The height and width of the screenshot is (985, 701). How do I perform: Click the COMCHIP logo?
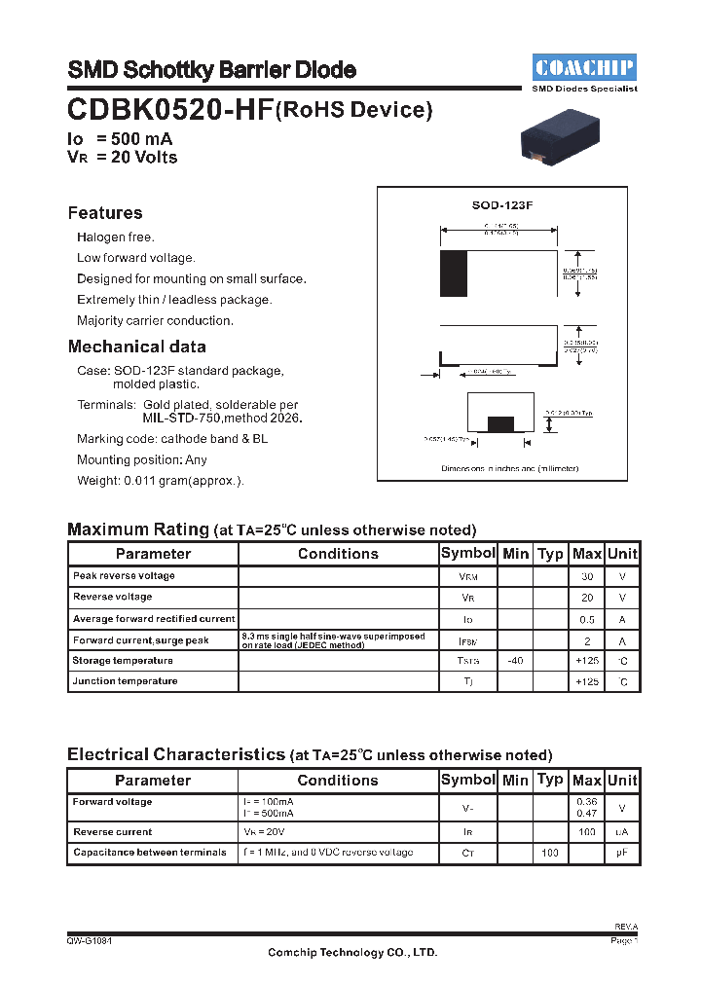(x=584, y=68)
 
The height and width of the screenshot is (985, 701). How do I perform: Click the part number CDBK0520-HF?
(x=170, y=109)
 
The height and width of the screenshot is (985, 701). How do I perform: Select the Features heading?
(x=105, y=213)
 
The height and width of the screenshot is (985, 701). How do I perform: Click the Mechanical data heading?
(x=136, y=347)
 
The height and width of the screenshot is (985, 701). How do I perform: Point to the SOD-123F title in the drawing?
(x=502, y=205)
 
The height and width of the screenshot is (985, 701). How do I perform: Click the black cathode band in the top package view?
(x=454, y=274)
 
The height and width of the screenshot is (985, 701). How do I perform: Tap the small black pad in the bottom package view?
(x=500, y=423)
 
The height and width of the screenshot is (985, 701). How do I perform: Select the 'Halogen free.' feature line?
(x=116, y=237)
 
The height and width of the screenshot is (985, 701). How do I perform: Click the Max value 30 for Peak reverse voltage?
(x=587, y=576)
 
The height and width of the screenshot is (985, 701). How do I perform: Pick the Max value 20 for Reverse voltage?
(x=587, y=598)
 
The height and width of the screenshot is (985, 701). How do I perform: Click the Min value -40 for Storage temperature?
(x=515, y=661)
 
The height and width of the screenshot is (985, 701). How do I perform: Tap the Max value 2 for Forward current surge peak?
(x=587, y=640)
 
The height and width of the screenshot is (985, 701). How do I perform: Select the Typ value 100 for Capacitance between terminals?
(x=550, y=853)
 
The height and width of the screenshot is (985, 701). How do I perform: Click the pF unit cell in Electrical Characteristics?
(x=622, y=853)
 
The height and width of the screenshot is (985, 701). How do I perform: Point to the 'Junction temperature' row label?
(x=125, y=681)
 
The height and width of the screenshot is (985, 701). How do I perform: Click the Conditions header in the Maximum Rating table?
(x=338, y=554)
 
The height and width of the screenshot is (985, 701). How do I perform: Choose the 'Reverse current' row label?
(x=112, y=832)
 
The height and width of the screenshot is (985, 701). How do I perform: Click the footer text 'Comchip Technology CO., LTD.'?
(x=352, y=953)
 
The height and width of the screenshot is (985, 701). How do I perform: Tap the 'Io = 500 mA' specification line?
(x=120, y=139)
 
